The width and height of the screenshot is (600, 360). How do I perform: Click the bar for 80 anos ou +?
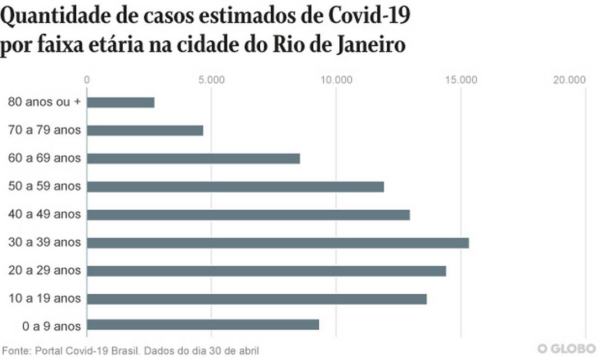pyautogui.click(x=120, y=103)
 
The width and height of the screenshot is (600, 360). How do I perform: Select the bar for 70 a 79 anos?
pyautogui.click(x=145, y=131)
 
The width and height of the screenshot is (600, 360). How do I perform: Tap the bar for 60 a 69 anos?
pyautogui.click(x=193, y=158)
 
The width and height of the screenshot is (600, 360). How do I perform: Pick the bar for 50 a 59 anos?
pyautogui.click(x=235, y=187)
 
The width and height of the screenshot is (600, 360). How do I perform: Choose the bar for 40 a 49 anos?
pyautogui.click(x=248, y=215)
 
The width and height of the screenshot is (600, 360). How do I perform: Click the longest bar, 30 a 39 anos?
pyautogui.click(x=278, y=243)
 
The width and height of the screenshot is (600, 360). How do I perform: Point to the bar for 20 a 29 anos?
pyautogui.click(x=266, y=271)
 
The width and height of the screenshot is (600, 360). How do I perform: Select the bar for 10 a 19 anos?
pyautogui.click(x=257, y=299)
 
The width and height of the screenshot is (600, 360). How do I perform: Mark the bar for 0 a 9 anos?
pyautogui.click(x=203, y=325)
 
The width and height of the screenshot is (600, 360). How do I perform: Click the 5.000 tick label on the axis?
pyautogui.click(x=211, y=80)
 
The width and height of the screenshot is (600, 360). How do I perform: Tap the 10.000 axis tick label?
pyautogui.click(x=336, y=80)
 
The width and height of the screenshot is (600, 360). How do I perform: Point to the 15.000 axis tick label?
pyautogui.click(x=461, y=80)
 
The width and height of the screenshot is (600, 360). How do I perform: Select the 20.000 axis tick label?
pyautogui.click(x=569, y=80)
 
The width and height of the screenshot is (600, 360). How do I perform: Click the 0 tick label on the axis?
pyautogui.click(x=87, y=80)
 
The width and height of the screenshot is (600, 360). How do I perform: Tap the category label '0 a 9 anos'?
pyautogui.click(x=51, y=326)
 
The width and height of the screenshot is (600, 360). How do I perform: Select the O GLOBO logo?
pyautogui.click(x=566, y=349)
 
